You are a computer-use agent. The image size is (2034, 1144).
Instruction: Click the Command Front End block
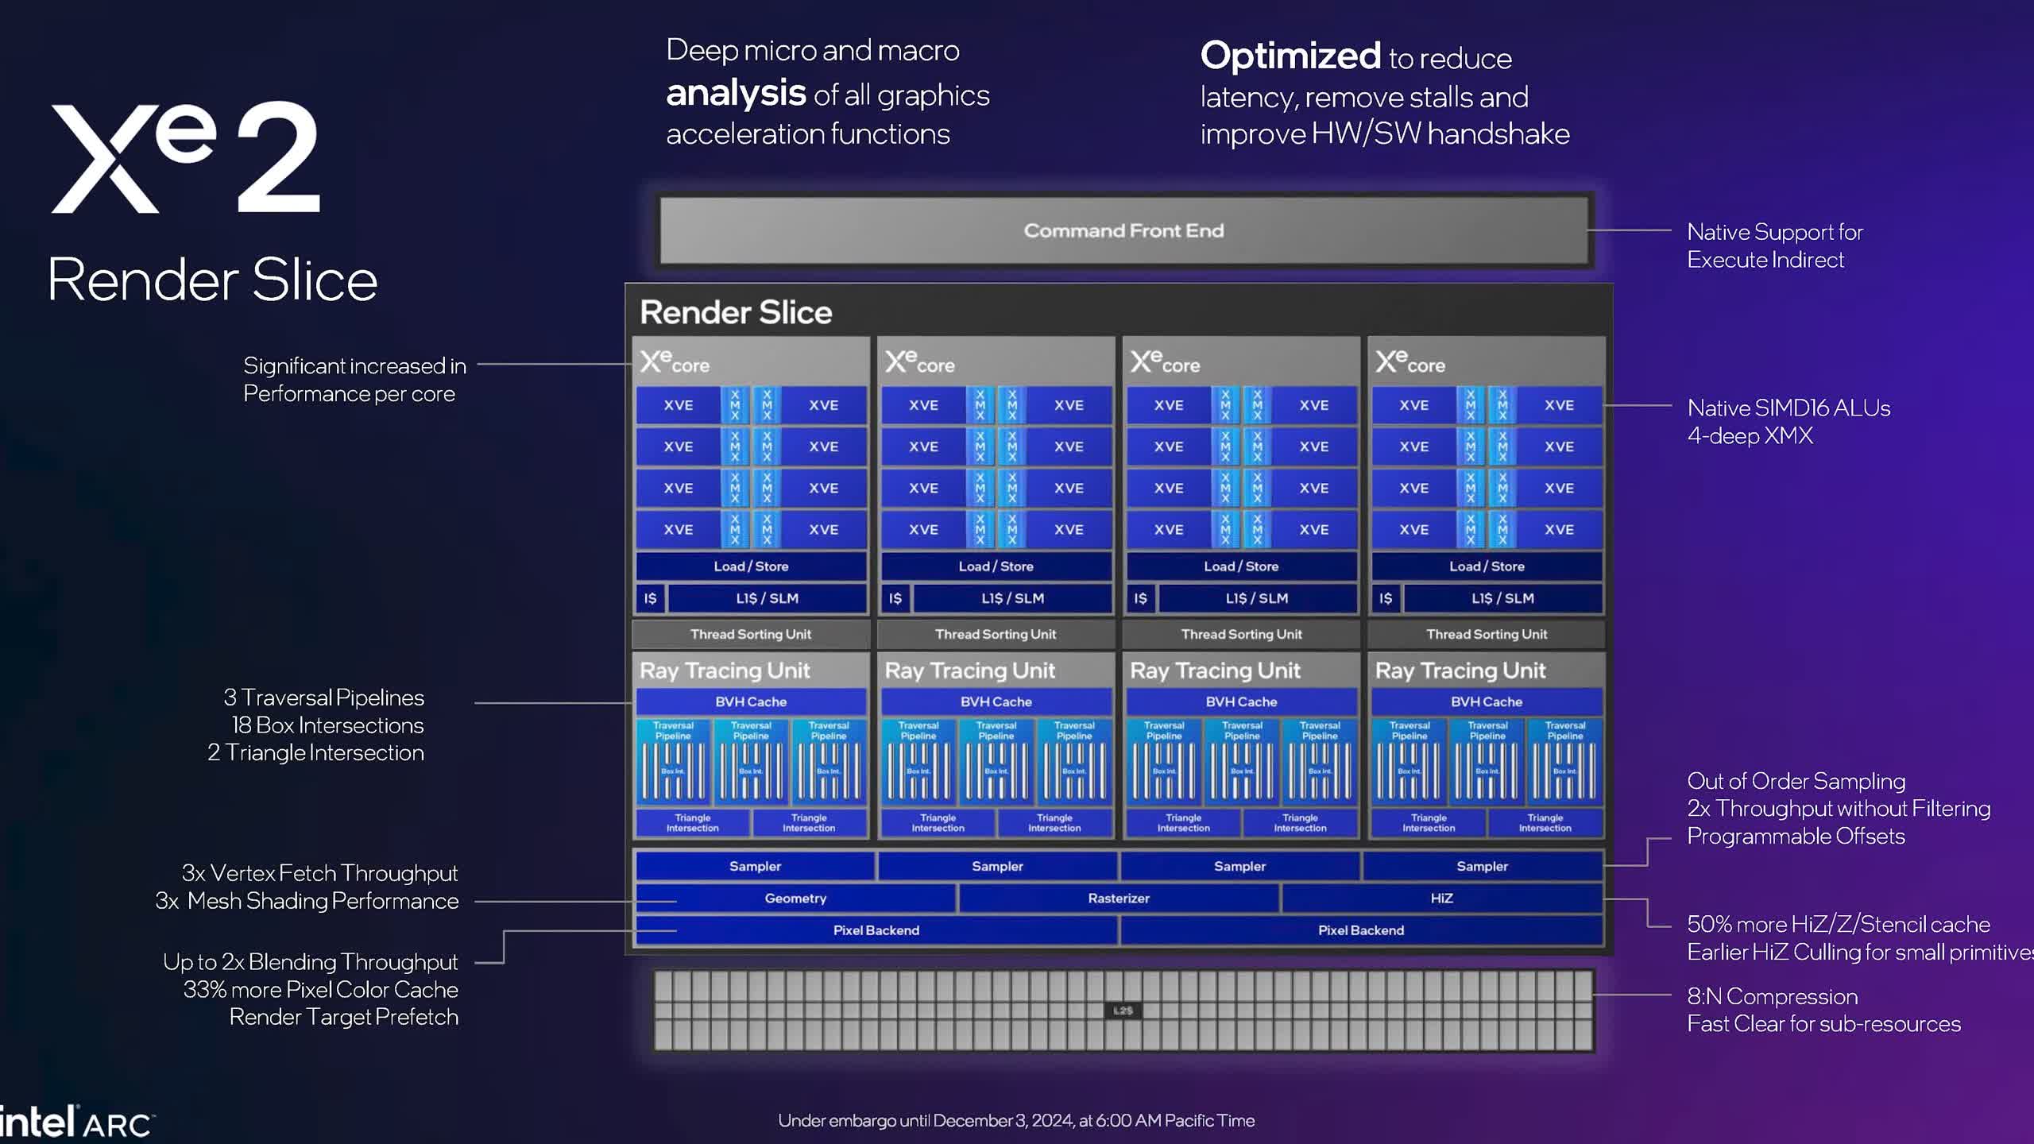[x=1123, y=230]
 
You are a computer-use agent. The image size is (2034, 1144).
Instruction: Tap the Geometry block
[x=795, y=899]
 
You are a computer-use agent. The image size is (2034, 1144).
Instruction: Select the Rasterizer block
[x=1119, y=899]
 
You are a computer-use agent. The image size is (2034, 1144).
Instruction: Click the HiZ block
[x=1441, y=899]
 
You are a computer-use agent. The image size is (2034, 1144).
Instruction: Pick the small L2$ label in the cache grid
[x=1123, y=1011]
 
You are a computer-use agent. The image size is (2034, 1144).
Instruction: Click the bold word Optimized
[x=1290, y=56]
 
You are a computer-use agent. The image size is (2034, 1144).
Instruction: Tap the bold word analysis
[x=736, y=94]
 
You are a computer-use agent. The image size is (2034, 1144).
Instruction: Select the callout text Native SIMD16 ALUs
[x=1788, y=408]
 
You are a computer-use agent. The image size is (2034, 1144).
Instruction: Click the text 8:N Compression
[x=1772, y=996]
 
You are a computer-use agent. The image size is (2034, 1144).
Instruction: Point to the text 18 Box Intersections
[x=327, y=725]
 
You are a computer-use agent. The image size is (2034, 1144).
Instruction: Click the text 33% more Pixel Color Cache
[x=320, y=990]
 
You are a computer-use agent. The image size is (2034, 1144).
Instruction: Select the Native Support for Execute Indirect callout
[x=1774, y=245]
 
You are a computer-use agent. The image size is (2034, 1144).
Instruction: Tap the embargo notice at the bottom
[x=1016, y=1120]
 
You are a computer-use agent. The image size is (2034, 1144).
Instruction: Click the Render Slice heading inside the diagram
[x=736, y=312]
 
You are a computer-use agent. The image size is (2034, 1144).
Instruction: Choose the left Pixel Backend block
[x=876, y=930]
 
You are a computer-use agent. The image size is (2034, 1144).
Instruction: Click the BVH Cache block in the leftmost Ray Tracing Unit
[x=751, y=701]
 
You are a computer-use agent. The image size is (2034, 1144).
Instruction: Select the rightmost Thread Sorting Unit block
[x=1486, y=634]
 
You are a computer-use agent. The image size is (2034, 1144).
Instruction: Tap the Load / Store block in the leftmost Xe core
[x=751, y=566]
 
